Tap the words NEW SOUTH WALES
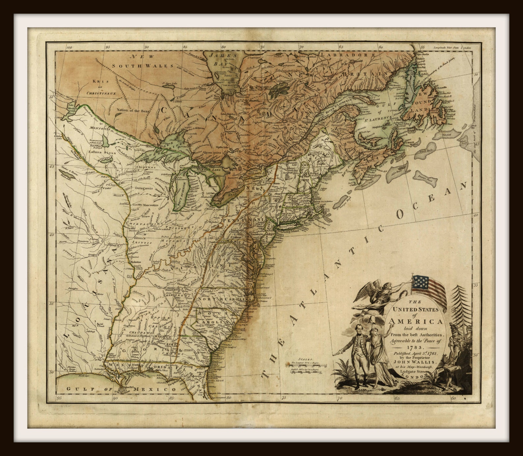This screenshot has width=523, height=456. (x=142, y=61)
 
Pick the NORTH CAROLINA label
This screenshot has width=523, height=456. (x=227, y=299)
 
